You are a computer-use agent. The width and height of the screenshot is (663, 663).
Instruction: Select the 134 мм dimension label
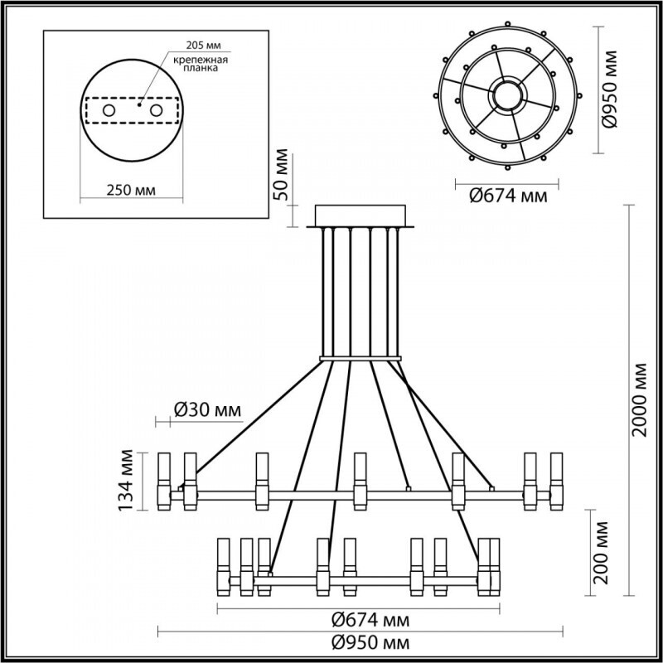click(125, 481)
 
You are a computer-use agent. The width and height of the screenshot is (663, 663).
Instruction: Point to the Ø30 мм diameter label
click(208, 409)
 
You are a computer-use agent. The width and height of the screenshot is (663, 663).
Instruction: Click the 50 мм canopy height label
click(283, 175)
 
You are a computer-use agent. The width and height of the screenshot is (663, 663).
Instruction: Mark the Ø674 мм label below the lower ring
click(359, 619)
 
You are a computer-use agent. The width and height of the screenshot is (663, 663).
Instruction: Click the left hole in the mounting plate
click(108, 110)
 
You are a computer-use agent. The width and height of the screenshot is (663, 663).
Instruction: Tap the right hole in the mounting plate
click(156, 110)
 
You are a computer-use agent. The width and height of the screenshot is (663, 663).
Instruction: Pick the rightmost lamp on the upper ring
click(556, 481)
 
